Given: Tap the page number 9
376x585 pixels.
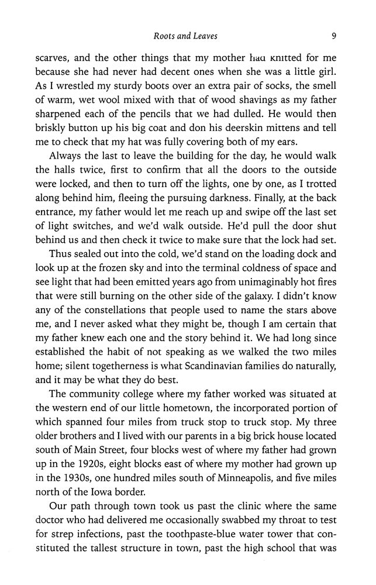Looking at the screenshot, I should pyautogui.click(x=333, y=36).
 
